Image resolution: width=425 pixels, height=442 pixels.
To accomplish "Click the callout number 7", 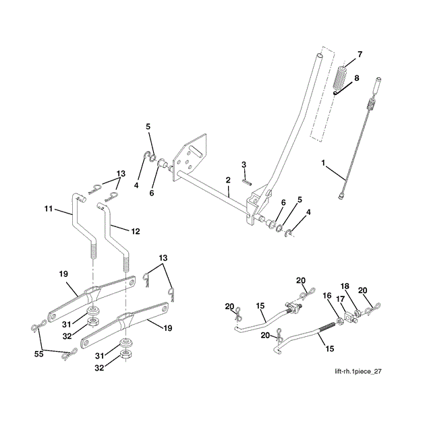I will coord(360,54).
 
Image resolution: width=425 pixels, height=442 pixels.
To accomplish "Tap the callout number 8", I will coord(358,78).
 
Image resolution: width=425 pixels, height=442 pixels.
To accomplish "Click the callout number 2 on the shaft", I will coord(228,180).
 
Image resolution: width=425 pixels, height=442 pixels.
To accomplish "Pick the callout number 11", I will coord(49,210).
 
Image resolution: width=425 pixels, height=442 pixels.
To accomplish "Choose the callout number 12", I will coord(136,231).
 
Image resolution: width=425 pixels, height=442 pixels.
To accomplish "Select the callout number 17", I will coord(341,299).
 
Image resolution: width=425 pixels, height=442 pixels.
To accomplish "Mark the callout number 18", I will coord(345,286).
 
